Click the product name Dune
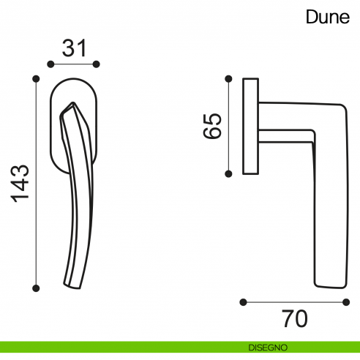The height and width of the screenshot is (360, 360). point(328,17)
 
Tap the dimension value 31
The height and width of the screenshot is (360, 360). point(74,48)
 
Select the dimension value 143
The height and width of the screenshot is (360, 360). point(20,184)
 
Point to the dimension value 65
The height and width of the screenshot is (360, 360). point(212,126)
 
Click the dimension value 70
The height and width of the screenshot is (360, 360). point(295,318)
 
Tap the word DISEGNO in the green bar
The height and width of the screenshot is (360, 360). point(268,348)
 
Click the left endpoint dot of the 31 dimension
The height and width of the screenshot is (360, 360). point(50,64)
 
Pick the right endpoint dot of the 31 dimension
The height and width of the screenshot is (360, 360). point(97,64)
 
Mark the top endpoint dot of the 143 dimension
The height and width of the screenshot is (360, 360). point(36,78)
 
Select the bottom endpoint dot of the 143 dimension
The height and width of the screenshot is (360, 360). point(36,288)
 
